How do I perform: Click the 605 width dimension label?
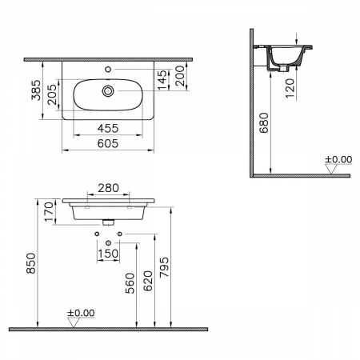[x=108, y=144]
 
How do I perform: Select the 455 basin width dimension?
[x=108, y=129]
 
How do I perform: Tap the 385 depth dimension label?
[x=36, y=90]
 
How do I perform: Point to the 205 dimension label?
[x=52, y=94]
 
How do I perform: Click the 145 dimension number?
[x=162, y=80]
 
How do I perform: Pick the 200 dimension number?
[x=180, y=76]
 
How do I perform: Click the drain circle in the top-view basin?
[x=108, y=91]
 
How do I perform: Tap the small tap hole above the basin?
[x=108, y=70]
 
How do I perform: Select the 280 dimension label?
[x=108, y=188]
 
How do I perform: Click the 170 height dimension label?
[x=49, y=212]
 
